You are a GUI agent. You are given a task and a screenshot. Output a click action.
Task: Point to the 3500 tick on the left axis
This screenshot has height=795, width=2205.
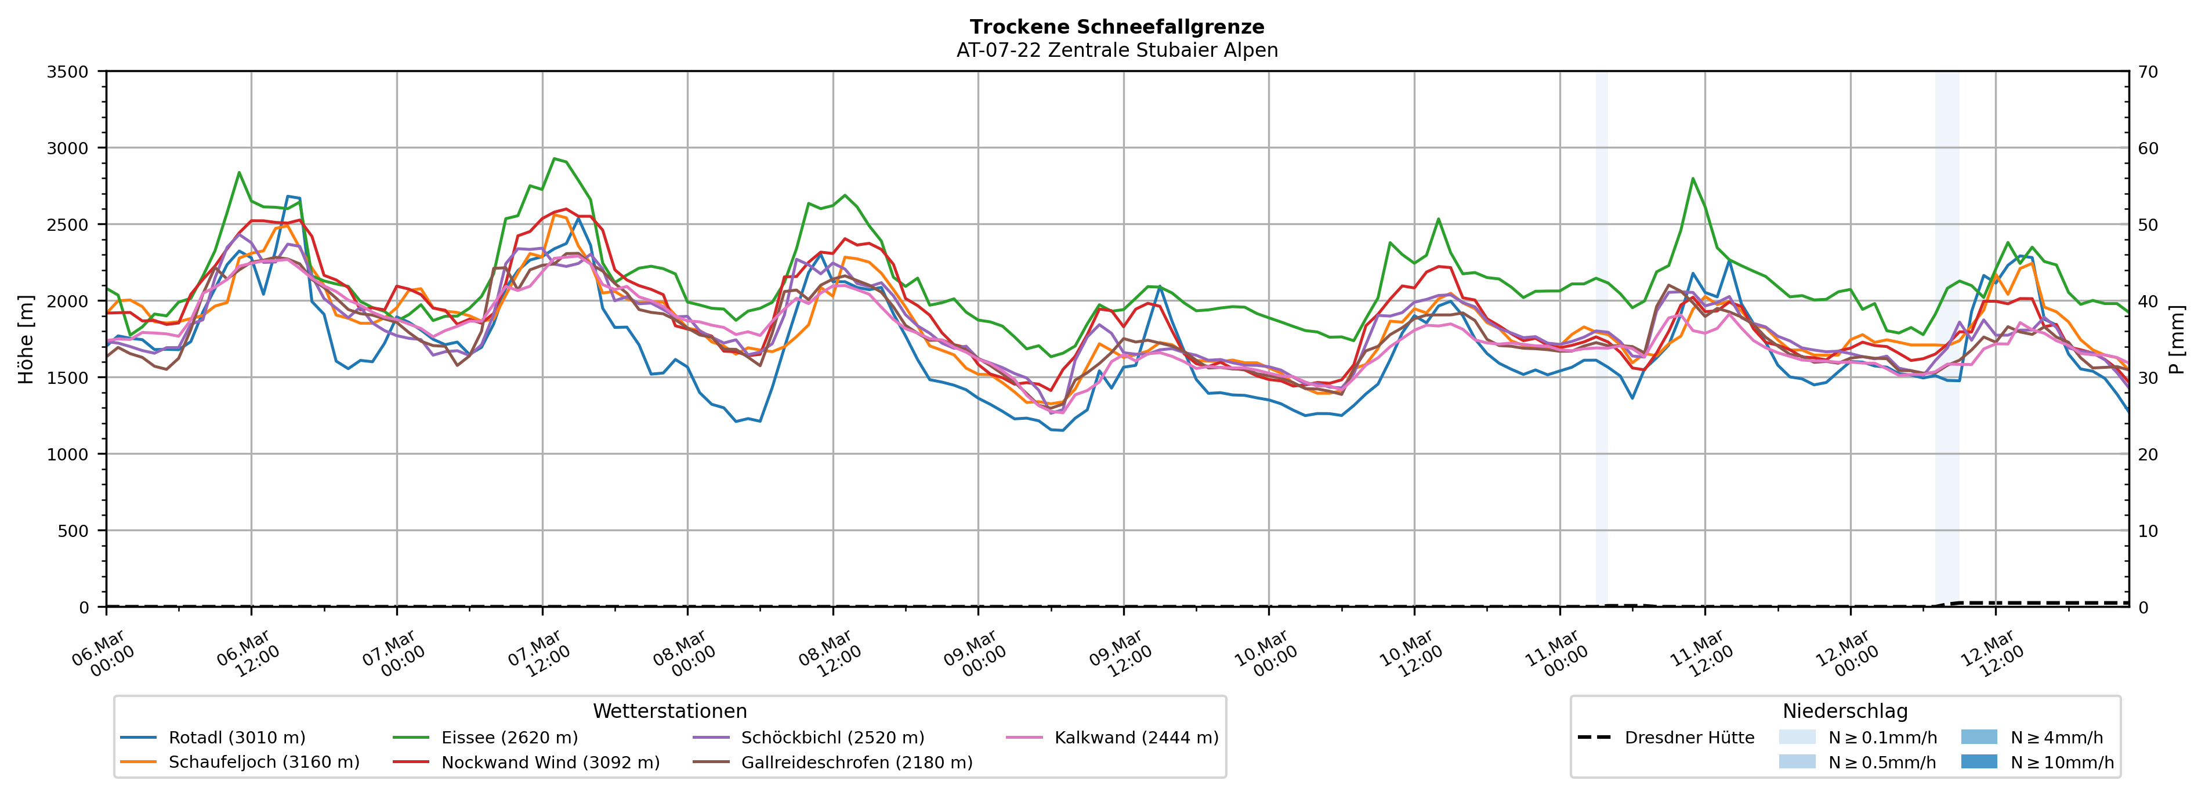[68, 72]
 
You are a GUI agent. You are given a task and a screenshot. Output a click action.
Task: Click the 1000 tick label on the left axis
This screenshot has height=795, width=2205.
[68, 455]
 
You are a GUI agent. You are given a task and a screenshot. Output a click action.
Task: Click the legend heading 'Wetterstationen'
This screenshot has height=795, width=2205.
[669, 711]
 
